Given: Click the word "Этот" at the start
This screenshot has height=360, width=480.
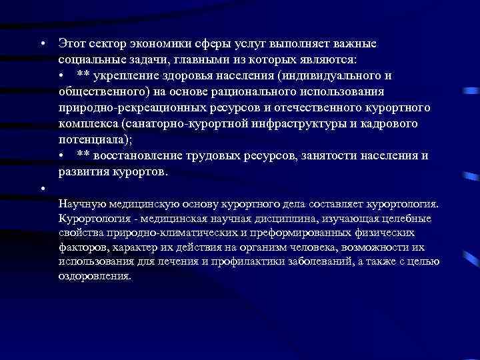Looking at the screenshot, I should (72, 44).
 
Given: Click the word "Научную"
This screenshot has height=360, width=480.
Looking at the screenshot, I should (81, 203).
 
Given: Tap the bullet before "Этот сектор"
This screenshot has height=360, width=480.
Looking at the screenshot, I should (41, 44).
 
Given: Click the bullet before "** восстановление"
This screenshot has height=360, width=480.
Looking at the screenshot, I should (61, 156).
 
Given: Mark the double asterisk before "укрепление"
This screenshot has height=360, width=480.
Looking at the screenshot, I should (83, 76).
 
